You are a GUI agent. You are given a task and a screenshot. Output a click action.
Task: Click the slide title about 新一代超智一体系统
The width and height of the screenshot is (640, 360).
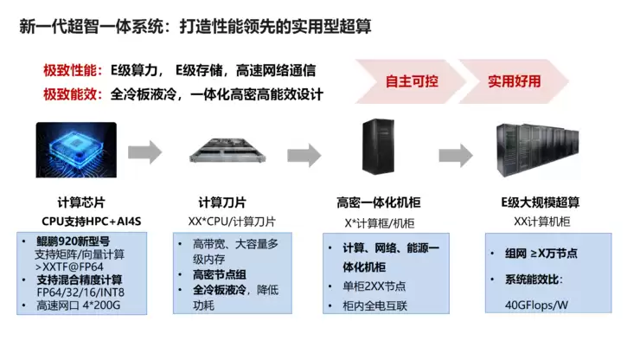click(x=195, y=27)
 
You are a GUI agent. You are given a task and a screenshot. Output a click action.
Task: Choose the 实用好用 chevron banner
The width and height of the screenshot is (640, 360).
click(x=516, y=81)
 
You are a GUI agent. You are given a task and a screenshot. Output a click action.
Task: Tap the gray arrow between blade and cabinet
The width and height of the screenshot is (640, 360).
click(x=299, y=151)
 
